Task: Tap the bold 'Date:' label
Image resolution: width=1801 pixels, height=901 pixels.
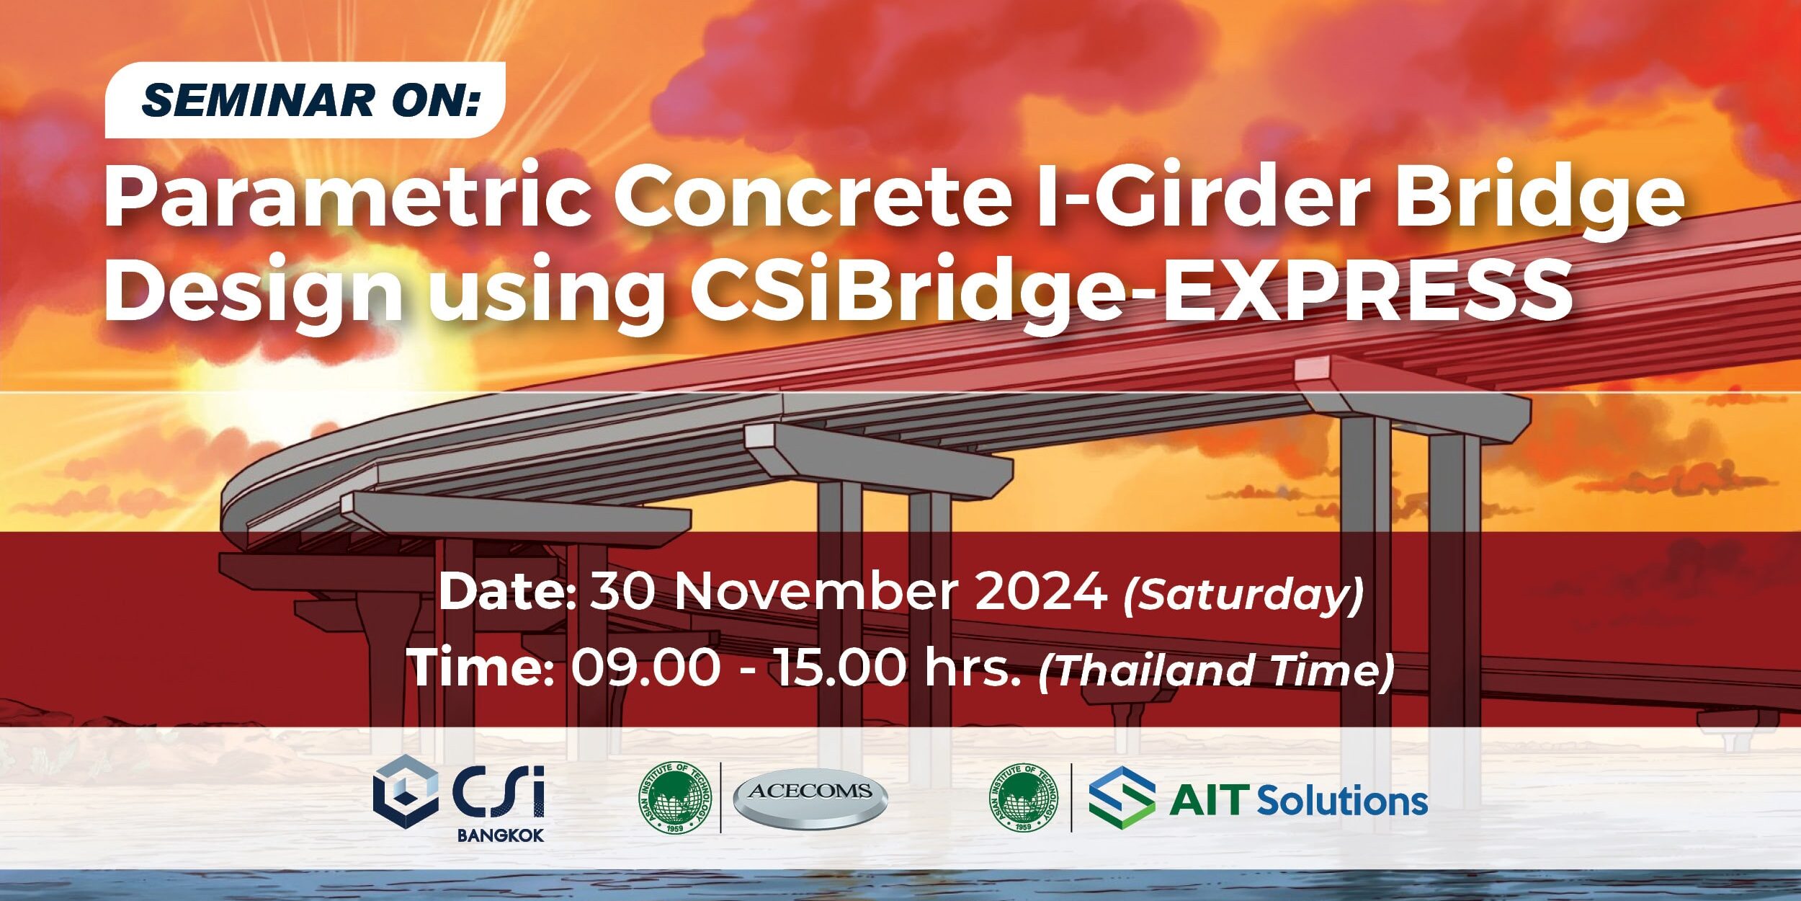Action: pos(507,592)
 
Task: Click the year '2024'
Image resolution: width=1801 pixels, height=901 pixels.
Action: pos(1041,592)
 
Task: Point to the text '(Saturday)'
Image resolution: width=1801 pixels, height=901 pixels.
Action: pos(1243,595)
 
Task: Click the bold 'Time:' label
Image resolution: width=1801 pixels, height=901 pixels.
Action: pos(481,667)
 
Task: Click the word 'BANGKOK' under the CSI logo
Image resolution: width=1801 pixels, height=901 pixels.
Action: pos(501,835)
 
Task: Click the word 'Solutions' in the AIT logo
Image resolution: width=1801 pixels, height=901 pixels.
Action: pos(1342,801)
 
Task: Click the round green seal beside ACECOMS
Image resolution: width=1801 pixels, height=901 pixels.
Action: pos(675,798)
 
